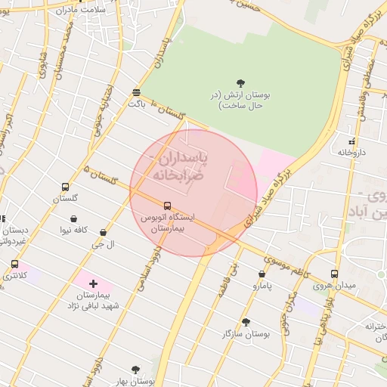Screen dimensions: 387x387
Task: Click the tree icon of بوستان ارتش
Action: [x=240, y=82]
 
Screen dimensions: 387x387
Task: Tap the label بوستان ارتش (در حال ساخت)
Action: [x=240, y=101]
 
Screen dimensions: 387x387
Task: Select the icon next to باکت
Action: [x=136, y=92]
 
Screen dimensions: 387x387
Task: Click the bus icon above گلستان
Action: [x=66, y=187]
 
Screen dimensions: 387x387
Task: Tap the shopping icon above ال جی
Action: [x=103, y=232]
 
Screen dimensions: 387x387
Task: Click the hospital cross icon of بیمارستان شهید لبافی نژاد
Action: [x=93, y=283]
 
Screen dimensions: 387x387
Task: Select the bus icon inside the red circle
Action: [x=167, y=205]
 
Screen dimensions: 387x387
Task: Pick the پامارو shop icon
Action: [x=262, y=274]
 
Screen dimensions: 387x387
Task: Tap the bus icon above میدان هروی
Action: [x=334, y=274]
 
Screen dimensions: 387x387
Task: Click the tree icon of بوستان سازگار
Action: [x=245, y=322]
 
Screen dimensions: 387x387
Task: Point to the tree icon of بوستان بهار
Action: [x=135, y=370]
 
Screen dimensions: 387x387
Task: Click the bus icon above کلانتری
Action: [x=14, y=264]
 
